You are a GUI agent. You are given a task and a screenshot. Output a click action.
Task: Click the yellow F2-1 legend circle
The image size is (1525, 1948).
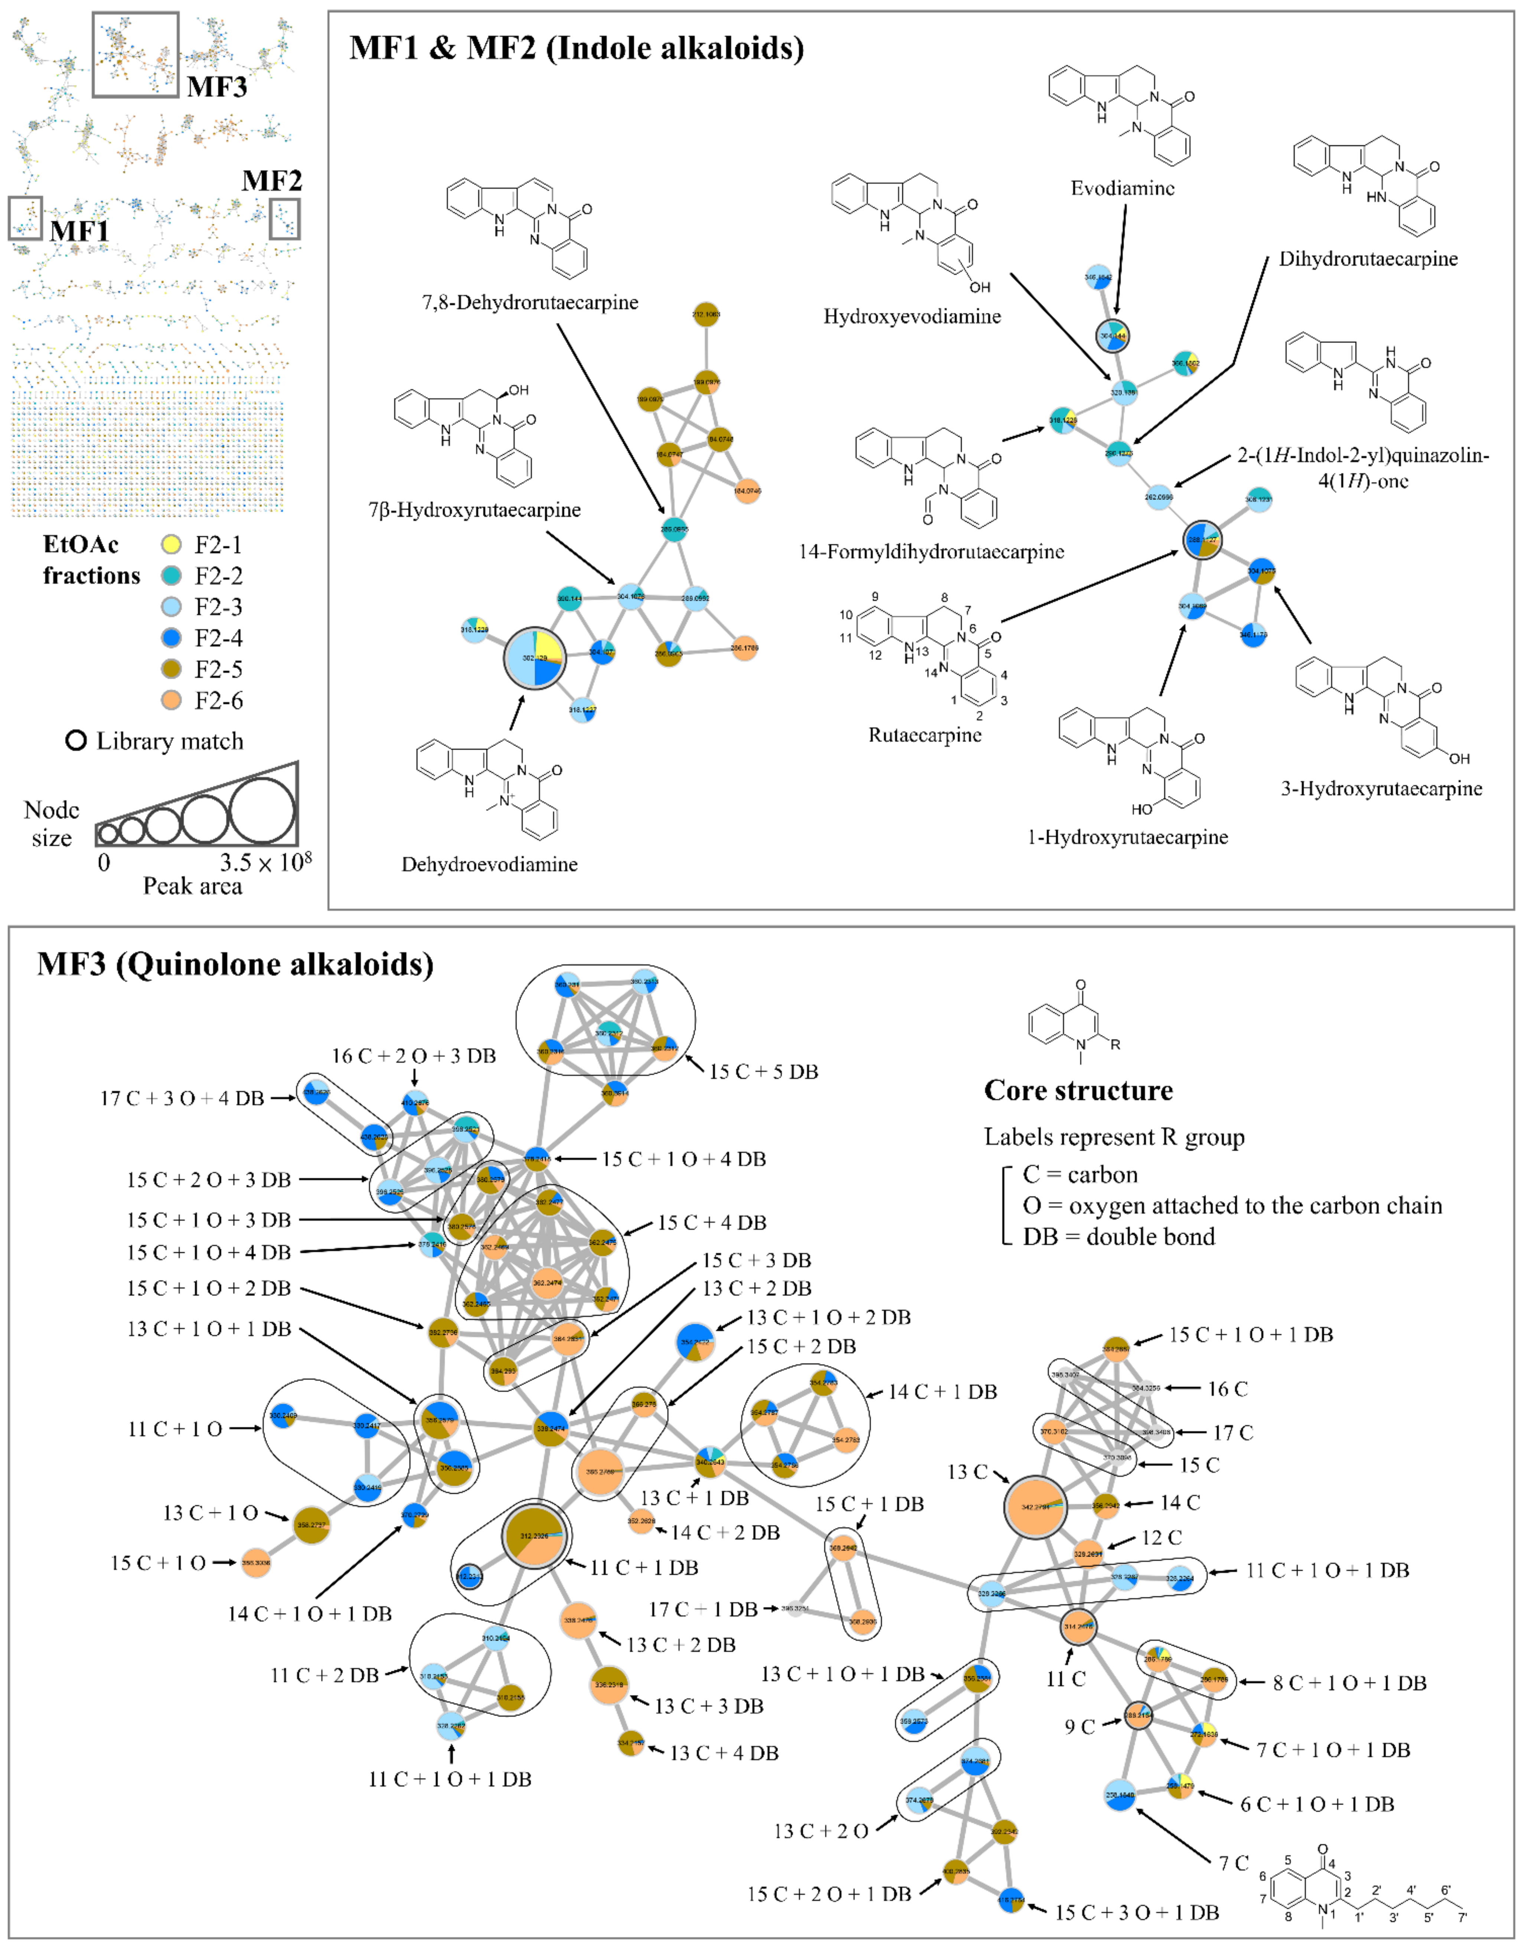[172, 545]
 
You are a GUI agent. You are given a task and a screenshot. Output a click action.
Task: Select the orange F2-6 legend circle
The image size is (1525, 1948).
[172, 701]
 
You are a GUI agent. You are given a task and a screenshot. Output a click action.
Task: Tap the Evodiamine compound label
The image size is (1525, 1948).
[1122, 188]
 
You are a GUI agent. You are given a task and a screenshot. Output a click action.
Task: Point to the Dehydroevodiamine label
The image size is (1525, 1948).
[489, 864]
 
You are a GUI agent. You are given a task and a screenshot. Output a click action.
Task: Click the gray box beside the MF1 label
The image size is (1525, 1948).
[25, 218]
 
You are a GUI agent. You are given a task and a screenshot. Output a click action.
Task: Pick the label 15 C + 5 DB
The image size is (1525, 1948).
[763, 1071]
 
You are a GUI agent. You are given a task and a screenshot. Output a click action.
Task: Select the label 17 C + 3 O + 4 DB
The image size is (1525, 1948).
[182, 1098]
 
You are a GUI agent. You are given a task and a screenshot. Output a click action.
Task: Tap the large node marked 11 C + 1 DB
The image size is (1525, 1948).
[534, 1536]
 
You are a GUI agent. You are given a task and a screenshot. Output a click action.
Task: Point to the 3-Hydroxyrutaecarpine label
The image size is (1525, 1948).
[1381, 788]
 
